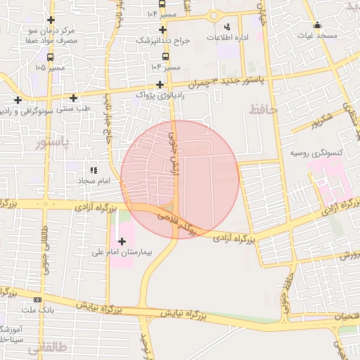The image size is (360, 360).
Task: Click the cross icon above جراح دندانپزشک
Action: tap(163, 30)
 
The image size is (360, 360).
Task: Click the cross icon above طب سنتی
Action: tap(73, 98)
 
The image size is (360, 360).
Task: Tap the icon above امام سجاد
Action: tap(92, 170)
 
